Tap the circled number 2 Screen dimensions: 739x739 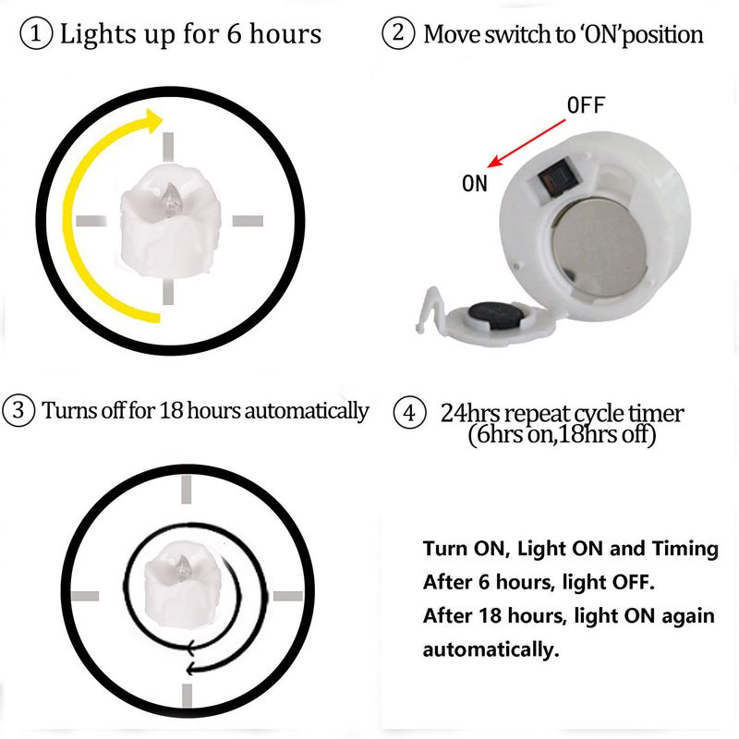[x=397, y=35]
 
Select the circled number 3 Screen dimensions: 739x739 [x=18, y=411]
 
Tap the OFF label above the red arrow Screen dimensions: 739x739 [x=586, y=105]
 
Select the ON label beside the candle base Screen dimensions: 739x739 [x=475, y=184]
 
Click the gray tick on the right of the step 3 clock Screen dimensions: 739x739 [x=288, y=595]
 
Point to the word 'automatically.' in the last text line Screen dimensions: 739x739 [x=491, y=649]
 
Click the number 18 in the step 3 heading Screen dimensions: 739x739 [x=172, y=411]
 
